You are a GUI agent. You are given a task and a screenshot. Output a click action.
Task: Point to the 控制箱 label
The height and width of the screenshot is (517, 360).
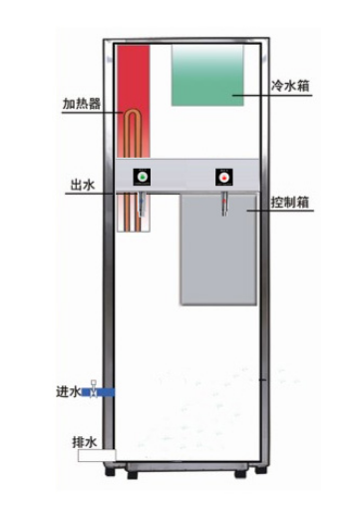(x=288, y=202)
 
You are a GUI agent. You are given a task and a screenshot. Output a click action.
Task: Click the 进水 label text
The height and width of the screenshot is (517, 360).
(x=68, y=391)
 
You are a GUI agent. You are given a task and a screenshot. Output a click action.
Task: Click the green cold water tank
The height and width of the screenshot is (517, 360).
(x=207, y=75)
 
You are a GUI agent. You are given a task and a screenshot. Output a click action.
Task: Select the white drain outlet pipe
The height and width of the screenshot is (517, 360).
(x=97, y=456)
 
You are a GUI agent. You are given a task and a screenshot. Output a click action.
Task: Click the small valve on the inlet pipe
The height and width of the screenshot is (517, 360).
(x=93, y=386)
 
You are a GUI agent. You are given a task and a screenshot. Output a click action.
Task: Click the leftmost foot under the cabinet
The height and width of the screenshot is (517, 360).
(x=131, y=473)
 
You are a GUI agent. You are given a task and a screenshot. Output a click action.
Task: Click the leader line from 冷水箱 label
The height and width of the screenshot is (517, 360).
(x=253, y=94)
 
